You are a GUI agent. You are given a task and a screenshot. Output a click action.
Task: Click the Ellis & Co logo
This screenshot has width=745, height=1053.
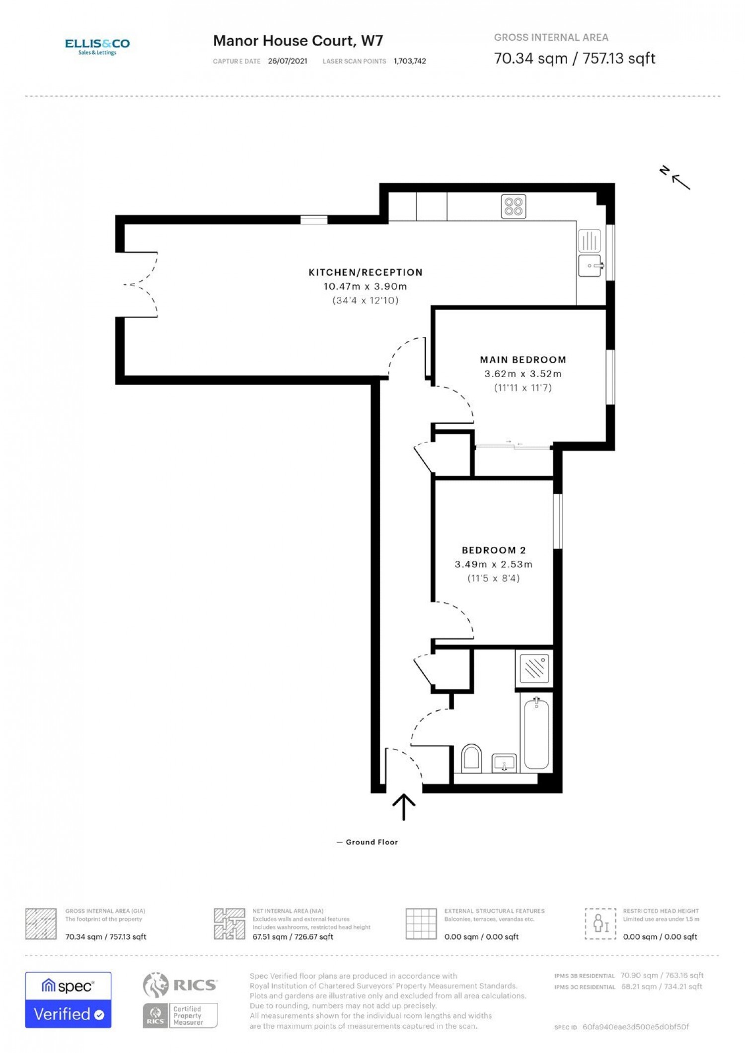coord(97,47)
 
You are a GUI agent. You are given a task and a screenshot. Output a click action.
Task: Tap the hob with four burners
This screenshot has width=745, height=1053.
coord(514,206)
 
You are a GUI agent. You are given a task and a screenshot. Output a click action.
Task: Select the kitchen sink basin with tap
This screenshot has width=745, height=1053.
coord(591,265)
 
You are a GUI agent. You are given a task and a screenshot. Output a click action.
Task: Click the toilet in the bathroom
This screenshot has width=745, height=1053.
coord(471,758)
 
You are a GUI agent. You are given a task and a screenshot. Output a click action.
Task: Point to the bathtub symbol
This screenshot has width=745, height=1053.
coord(536,733)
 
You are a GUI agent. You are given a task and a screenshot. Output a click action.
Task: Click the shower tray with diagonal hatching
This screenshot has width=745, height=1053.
coord(534,668)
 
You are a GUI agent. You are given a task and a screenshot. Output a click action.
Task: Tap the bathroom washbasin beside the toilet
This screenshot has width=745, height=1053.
coord(504,763)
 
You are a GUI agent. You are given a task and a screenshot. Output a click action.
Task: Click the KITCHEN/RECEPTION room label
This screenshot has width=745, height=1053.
coord(366,272)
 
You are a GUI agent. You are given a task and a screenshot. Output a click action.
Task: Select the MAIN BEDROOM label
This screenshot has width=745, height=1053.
coord(523,360)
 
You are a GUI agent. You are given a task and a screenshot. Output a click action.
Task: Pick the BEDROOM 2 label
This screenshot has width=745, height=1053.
coord(494,550)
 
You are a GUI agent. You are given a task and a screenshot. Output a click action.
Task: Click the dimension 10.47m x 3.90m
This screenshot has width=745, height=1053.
coord(365,286)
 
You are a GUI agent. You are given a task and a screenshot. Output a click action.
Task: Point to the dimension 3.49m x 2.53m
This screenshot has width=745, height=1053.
coord(494,564)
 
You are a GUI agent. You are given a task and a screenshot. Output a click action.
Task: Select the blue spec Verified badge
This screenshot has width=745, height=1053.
coord(69,1000)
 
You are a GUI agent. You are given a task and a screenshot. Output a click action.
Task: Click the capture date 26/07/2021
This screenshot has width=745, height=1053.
coord(288,61)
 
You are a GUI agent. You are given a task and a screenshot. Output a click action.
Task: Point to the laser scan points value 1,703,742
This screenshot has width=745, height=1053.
coord(410,61)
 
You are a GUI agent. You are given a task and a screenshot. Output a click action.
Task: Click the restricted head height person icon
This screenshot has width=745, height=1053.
coord(600,924)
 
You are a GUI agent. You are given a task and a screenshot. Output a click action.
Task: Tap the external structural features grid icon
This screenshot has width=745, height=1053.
coord(421,924)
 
